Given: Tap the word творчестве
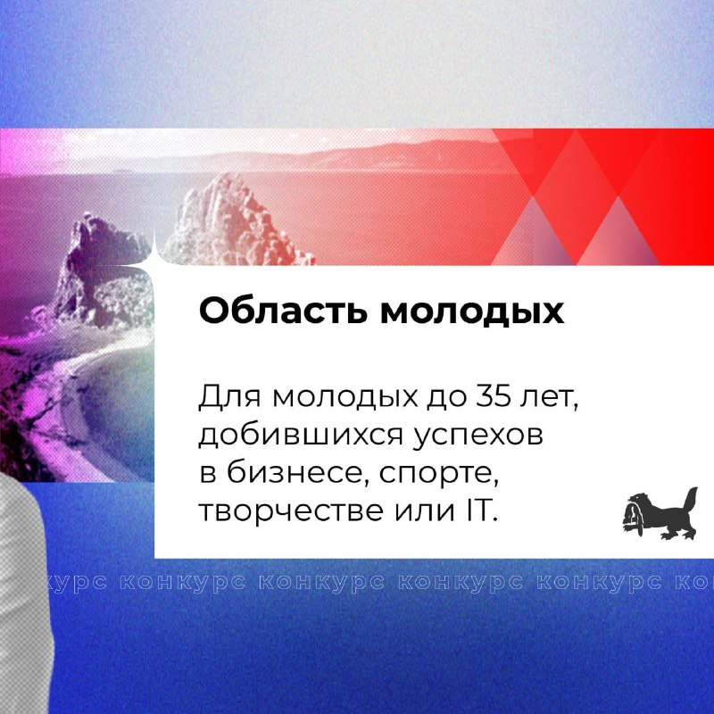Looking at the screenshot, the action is coord(291,511).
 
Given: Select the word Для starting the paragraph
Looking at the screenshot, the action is coord(229,397).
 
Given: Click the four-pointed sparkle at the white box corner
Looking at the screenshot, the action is coord(154,252).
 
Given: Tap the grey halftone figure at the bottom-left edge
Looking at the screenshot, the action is coord(23,592).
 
